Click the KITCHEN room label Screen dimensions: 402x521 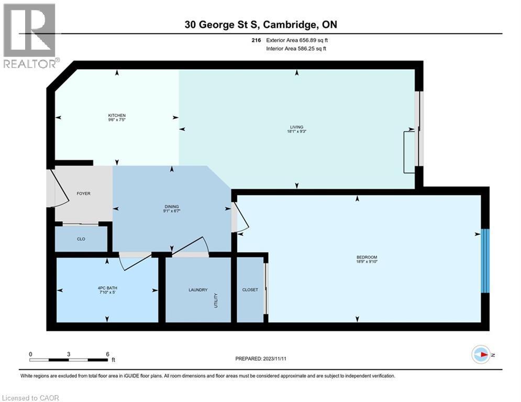[117, 115]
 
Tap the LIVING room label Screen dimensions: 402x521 [297, 127]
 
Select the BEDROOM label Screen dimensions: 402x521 [367, 257]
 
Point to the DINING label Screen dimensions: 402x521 [172, 207]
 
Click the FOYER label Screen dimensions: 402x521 [83, 194]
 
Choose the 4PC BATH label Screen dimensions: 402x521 [107, 287]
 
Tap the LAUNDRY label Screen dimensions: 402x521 [198, 289]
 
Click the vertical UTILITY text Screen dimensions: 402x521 [216, 300]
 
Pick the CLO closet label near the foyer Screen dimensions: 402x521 [81, 239]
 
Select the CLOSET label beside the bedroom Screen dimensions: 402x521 [250, 289]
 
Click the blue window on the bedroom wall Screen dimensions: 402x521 [485, 261]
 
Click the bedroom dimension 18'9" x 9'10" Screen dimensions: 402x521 [367, 262]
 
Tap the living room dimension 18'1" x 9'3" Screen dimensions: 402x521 [297, 132]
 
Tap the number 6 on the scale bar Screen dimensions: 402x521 [107, 354]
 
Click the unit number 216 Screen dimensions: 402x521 [256, 40]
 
